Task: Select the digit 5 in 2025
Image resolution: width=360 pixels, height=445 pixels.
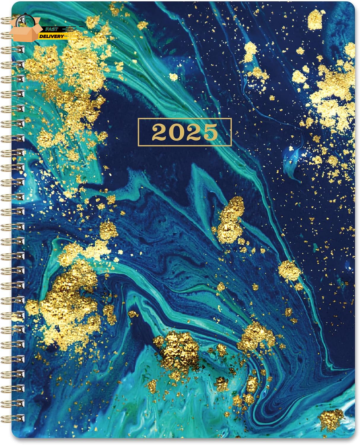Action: click(x=210, y=133)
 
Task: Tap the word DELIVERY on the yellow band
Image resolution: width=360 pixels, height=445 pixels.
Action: click(x=53, y=35)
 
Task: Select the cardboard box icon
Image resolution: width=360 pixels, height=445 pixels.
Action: click(x=26, y=31)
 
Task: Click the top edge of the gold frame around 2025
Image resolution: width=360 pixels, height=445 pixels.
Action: click(x=185, y=119)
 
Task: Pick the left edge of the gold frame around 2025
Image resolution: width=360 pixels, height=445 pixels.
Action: click(x=138, y=132)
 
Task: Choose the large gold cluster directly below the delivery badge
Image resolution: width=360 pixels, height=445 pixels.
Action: click(x=67, y=80)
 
